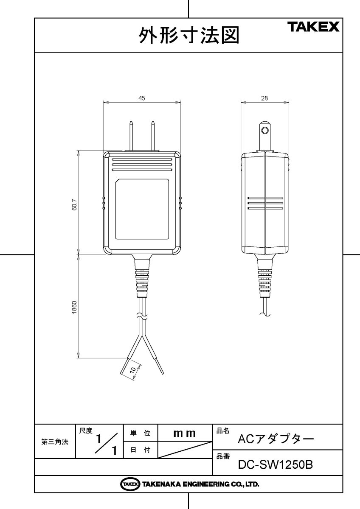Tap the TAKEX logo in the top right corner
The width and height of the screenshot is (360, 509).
315,28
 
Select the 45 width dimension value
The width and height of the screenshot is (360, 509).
142,98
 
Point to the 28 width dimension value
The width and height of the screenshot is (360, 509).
264,98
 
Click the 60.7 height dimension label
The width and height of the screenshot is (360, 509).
74,207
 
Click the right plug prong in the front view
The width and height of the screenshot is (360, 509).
152,136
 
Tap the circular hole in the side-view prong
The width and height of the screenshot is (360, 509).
265,129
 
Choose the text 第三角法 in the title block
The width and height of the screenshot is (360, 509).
55,442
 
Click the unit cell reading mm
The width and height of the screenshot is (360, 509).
185,433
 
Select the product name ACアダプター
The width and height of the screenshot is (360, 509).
276,439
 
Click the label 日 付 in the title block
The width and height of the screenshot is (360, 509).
140,450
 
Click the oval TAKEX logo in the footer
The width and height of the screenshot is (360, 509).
130,484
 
